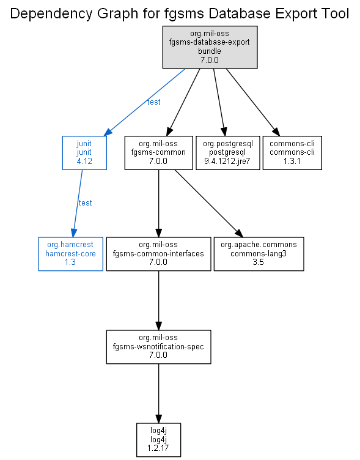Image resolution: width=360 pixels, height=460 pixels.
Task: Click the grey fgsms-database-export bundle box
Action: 210,47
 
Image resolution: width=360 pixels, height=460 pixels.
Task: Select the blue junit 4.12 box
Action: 84,152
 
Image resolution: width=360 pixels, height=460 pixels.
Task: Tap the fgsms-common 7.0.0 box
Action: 158,152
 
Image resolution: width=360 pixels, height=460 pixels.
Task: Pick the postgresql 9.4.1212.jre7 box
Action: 228,152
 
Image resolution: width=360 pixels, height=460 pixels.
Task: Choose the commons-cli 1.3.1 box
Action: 292,152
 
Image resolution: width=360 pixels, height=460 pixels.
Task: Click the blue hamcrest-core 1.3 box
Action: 71,254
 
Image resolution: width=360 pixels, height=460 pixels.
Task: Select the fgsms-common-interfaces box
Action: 158,254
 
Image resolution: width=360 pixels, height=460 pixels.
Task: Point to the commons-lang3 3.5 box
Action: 259,254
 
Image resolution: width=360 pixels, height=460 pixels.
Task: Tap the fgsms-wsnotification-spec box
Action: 158,347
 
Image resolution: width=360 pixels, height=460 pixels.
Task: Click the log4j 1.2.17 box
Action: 158,440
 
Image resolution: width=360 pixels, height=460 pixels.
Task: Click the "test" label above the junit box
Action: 153,102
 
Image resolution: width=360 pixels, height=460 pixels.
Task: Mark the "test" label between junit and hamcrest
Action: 86,202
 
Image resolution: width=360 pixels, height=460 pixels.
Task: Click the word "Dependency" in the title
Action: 51,14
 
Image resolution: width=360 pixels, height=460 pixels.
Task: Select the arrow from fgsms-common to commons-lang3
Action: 209,203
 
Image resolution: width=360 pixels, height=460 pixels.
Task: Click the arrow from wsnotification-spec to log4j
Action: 158,393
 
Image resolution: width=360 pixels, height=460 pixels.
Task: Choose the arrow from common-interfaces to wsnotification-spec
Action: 158,300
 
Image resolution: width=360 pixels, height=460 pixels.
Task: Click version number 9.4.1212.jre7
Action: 227,161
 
